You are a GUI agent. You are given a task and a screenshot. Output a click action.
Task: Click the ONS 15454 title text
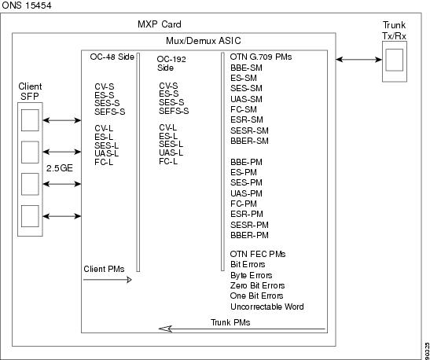tap(27, 6)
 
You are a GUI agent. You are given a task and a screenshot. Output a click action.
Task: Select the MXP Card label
tap(160, 24)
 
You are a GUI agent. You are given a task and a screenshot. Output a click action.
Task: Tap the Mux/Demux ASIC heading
tap(203, 41)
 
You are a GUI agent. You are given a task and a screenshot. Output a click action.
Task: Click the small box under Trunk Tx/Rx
tap(395, 60)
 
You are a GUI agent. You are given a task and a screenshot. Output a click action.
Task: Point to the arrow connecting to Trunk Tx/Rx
tap(358, 59)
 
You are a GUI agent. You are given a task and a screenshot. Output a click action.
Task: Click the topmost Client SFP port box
tap(30, 120)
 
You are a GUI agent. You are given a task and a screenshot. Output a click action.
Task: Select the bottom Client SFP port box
tap(30, 216)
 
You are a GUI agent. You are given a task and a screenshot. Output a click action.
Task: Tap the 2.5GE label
tap(60, 168)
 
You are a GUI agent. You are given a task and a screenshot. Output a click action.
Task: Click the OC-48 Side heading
tap(112, 57)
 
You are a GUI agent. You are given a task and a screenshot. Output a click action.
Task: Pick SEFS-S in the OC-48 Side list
tap(110, 112)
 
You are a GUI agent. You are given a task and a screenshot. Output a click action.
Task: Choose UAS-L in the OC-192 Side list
tap(171, 152)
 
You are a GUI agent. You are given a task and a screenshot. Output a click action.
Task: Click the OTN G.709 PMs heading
tap(261, 57)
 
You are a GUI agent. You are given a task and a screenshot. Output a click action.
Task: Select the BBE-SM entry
tap(246, 68)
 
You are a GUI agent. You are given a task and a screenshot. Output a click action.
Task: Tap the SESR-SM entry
tap(249, 130)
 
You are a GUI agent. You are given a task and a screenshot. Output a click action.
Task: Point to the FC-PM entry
tap(244, 204)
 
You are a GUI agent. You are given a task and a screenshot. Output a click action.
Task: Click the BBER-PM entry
tap(249, 235)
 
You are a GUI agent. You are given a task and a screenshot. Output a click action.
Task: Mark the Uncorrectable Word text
tap(266, 307)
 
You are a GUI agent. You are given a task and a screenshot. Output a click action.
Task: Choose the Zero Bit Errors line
tap(257, 285)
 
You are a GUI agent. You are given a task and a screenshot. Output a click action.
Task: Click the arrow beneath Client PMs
tap(108, 280)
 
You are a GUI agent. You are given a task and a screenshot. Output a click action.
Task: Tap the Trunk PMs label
tap(230, 322)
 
